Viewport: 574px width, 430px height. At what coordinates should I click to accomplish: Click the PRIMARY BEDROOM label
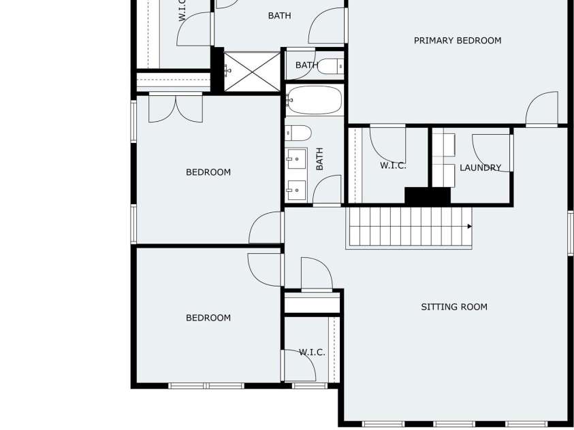(x=458, y=41)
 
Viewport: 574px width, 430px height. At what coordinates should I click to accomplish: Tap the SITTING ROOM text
(x=454, y=307)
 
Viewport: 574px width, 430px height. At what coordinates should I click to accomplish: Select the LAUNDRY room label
(x=480, y=168)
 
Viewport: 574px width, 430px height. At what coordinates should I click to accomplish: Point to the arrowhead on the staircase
(x=470, y=227)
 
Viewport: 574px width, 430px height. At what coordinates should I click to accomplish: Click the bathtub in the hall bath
(x=314, y=100)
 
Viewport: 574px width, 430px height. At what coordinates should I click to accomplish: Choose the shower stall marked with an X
(x=252, y=71)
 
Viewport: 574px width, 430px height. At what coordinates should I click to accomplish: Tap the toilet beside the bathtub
(x=298, y=133)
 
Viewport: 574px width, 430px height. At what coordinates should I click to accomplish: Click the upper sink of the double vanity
(x=296, y=159)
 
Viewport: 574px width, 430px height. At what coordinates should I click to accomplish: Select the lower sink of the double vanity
(x=296, y=190)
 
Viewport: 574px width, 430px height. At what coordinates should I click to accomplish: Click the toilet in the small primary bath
(x=330, y=66)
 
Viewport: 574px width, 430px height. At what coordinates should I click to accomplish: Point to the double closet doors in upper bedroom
(x=176, y=109)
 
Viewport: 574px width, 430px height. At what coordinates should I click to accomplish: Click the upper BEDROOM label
(x=208, y=172)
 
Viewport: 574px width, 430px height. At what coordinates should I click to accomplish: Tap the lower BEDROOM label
(x=208, y=318)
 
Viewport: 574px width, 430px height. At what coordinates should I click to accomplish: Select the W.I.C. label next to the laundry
(x=393, y=165)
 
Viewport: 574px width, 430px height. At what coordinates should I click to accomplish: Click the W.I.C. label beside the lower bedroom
(x=312, y=352)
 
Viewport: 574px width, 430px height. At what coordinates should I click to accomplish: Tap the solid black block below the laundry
(x=428, y=197)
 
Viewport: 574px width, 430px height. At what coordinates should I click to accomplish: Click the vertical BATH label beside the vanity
(x=319, y=159)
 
